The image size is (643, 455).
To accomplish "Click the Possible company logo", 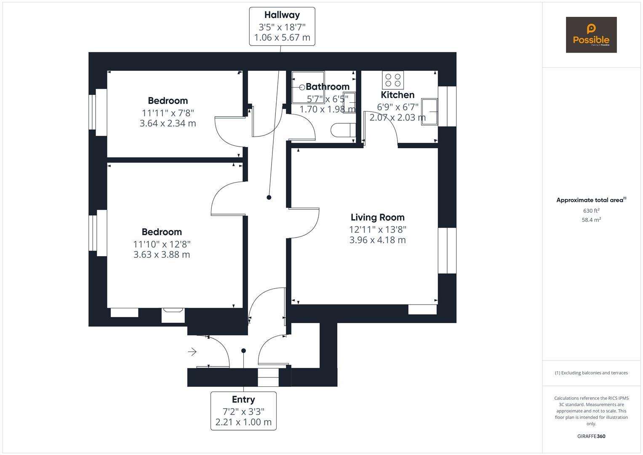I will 591,35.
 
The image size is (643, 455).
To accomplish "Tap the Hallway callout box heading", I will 282,15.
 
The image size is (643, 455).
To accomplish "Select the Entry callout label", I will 243,399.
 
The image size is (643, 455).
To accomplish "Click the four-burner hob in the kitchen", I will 393,80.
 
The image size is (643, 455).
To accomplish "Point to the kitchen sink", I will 430,112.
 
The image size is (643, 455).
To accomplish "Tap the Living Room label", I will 377,217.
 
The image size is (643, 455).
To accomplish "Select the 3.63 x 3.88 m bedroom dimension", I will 162,254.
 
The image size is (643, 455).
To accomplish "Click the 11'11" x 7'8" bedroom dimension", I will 168,112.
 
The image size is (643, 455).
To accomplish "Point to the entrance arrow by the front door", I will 192,351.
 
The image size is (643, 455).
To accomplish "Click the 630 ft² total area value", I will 591,211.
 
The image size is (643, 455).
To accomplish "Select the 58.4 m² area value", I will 591,219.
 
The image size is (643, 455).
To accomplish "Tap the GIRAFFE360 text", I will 591,436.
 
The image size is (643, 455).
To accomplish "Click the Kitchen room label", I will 398,95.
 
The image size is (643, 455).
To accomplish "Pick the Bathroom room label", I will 327,87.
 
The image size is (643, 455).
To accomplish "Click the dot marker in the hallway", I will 269,197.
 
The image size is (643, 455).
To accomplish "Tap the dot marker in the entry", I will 243,351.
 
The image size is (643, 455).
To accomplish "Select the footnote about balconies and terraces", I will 591,373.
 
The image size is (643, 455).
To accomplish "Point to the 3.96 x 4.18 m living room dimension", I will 377,240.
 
